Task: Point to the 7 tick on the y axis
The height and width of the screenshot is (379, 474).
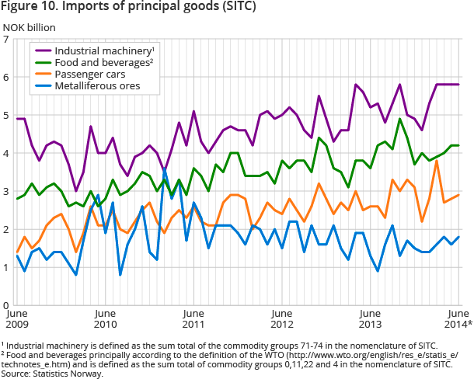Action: pos(6,39)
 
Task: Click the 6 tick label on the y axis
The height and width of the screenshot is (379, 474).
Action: pos(6,77)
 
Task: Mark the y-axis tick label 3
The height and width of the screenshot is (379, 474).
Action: pos(6,191)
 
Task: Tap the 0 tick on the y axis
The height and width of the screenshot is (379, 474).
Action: pos(6,305)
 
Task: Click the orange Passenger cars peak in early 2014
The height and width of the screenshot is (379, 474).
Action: pos(437,161)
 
